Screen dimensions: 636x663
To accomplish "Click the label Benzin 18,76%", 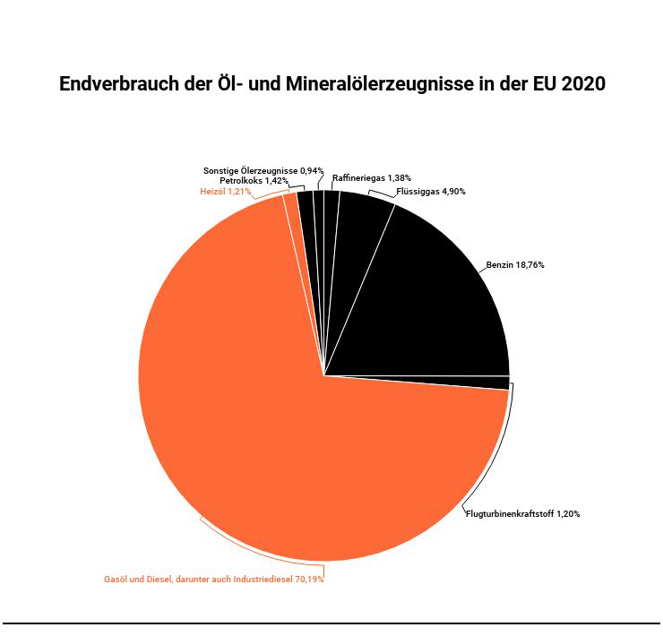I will tap(515, 265).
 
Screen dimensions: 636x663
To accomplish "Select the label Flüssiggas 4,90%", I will tap(431, 192).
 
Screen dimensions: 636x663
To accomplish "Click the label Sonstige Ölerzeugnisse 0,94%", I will tap(263, 170).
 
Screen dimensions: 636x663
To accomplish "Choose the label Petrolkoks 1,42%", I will tap(254, 181).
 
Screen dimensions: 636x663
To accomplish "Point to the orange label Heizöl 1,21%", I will tap(225, 192).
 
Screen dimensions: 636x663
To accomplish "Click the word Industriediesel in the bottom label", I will tap(264, 580).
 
